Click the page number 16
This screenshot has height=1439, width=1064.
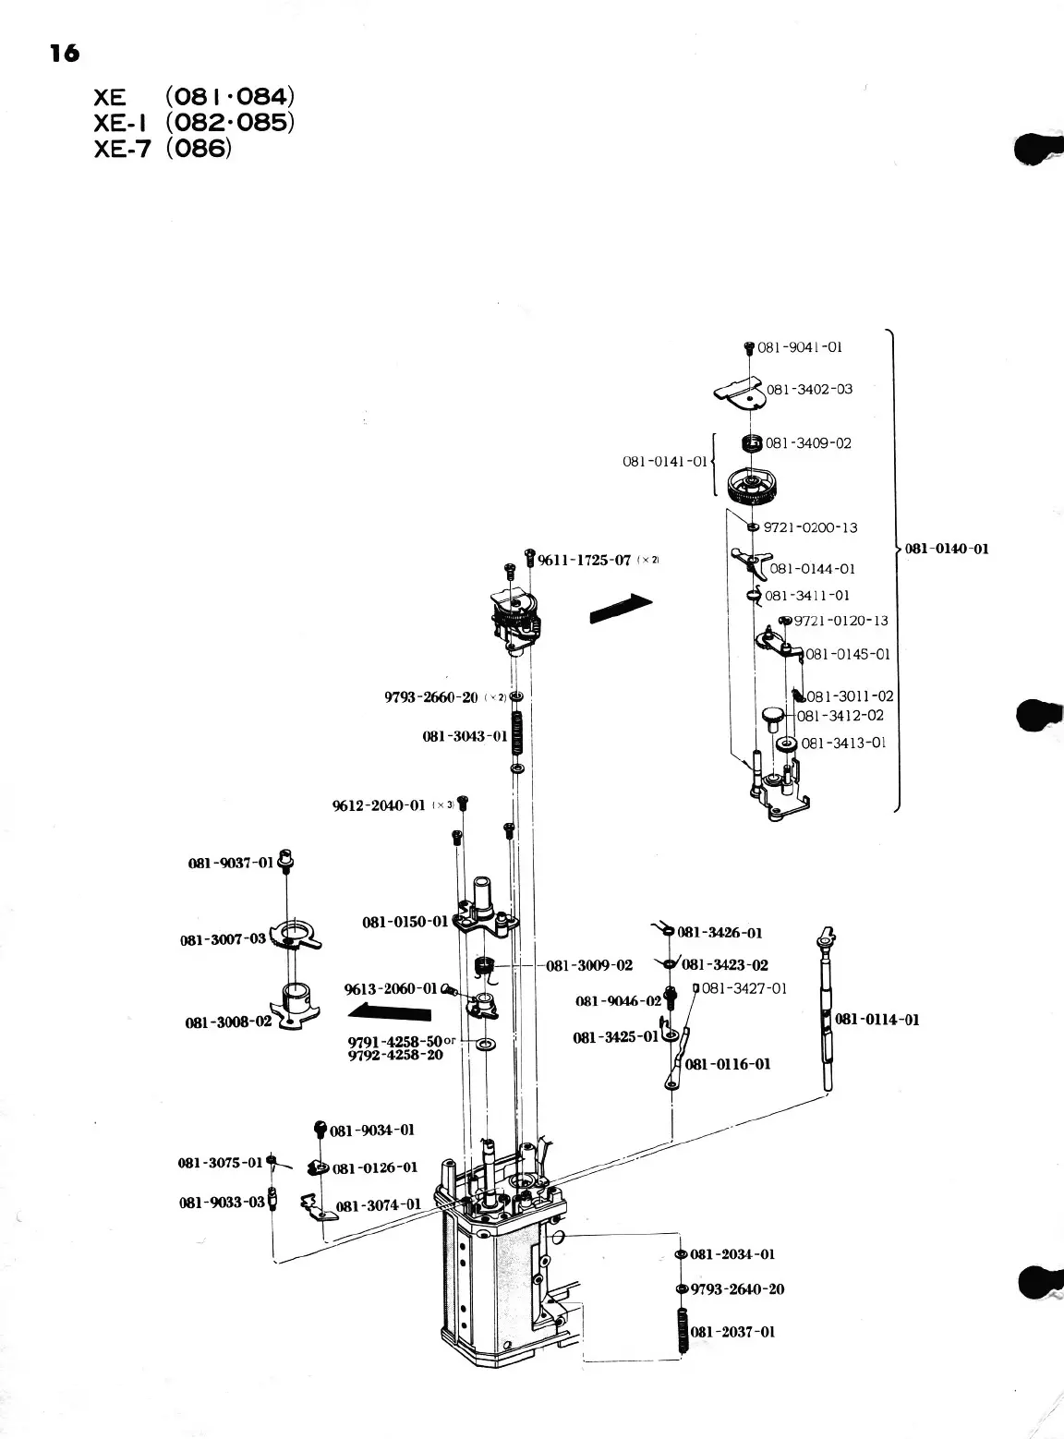(x=65, y=54)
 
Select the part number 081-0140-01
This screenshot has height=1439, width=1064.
(x=947, y=549)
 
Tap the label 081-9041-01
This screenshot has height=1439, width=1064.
(x=800, y=347)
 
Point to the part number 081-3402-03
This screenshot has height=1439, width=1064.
(x=810, y=389)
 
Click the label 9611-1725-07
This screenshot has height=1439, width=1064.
(x=584, y=560)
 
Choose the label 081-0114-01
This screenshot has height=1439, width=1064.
(x=877, y=1020)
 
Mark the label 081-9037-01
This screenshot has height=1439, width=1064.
(x=231, y=864)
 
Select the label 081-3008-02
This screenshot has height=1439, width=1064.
(x=228, y=1022)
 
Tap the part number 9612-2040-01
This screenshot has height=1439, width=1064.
(x=379, y=805)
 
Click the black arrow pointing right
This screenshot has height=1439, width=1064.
(x=621, y=608)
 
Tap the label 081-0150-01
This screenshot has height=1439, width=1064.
(x=405, y=921)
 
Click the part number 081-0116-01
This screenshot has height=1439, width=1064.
(x=728, y=1064)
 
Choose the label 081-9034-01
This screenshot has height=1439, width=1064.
(x=372, y=1130)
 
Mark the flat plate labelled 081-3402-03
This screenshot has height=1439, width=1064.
(x=738, y=392)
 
